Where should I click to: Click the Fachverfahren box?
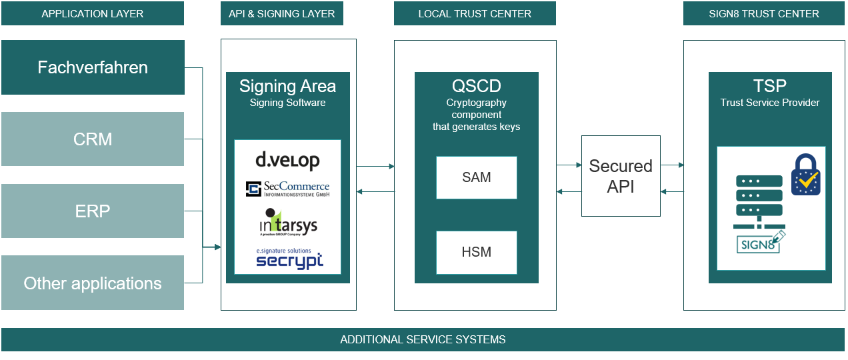[x=93, y=67]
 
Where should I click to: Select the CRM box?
[x=93, y=139]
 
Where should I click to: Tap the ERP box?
[x=93, y=211]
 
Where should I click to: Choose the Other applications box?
[x=93, y=283]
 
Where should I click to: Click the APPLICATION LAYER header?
[x=93, y=13]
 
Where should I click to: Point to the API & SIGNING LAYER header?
[x=282, y=13]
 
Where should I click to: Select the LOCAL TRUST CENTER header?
[x=475, y=13]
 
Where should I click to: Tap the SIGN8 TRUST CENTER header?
[x=764, y=13]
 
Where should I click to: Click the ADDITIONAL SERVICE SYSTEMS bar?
[x=423, y=339]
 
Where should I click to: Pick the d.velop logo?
[x=287, y=160]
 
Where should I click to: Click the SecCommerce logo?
[x=287, y=189]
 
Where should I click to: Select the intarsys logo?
[x=287, y=222]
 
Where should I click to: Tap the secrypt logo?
[x=289, y=259]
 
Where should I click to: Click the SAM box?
[x=477, y=177]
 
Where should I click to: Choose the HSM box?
[x=477, y=252]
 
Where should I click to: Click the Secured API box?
[x=621, y=176]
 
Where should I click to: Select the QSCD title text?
[x=476, y=86]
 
